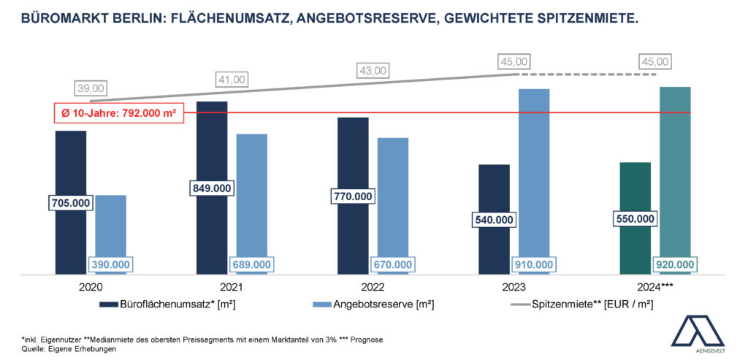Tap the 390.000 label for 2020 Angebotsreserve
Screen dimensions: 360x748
click(x=111, y=264)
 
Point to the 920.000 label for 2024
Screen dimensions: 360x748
click(x=674, y=264)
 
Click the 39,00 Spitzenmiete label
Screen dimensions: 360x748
click(x=91, y=88)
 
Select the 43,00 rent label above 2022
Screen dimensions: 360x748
click(x=372, y=71)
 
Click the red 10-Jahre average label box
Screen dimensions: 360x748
click(x=118, y=113)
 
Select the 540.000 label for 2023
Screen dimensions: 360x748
click(x=495, y=219)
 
